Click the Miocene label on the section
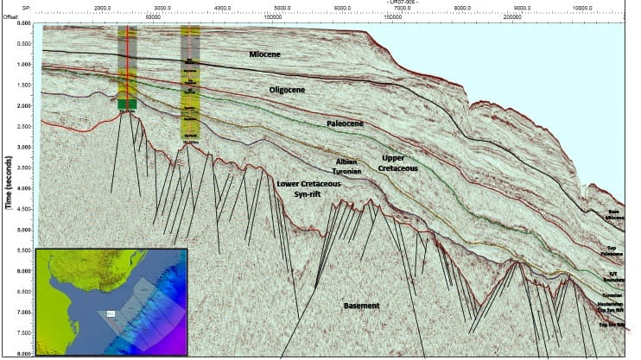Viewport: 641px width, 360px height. tap(265, 55)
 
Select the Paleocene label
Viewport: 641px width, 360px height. tap(344, 123)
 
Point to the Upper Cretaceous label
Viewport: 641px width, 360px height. tap(400, 163)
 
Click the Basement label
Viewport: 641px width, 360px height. tap(362, 306)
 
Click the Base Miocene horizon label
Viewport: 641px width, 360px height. tap(614, 215)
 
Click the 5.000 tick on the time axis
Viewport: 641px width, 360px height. tap(23, 230)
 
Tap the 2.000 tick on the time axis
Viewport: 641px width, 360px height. tap(23, 105)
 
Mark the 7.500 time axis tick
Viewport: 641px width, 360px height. tap(23, 332)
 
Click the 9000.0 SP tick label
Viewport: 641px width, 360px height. tap(522, 7)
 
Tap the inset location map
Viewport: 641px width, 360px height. tap(111, 301)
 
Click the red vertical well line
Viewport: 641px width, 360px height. tap(128, 69)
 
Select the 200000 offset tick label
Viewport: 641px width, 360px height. tap(512, 16)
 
